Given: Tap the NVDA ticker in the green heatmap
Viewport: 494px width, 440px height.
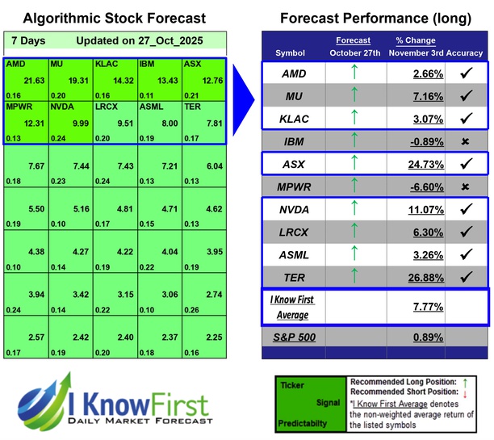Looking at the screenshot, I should [63, 106].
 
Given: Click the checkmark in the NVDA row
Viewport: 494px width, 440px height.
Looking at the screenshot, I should [465, 209].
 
